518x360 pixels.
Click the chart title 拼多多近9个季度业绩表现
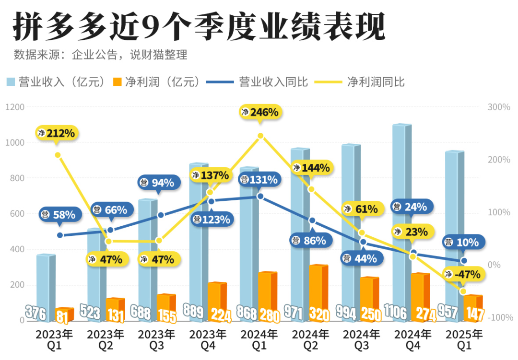click(x=199, y=27)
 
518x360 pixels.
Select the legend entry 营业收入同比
click(x=273, y=82)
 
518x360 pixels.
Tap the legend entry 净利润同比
click(x=376, y=82)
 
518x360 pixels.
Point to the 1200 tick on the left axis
click(x=15, y=107)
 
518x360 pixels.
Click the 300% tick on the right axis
click(x=499, y=107)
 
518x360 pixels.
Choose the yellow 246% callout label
click(x=259, y=112)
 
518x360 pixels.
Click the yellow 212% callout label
click(x=57, y=133)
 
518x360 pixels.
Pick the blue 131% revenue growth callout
click(x=259, y=180)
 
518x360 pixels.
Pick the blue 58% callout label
click(x=59, y=215)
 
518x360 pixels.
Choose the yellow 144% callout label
click(x=311, y=168)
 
